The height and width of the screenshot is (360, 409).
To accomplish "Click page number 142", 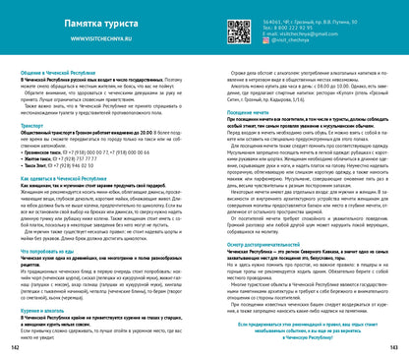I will [15, 348].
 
